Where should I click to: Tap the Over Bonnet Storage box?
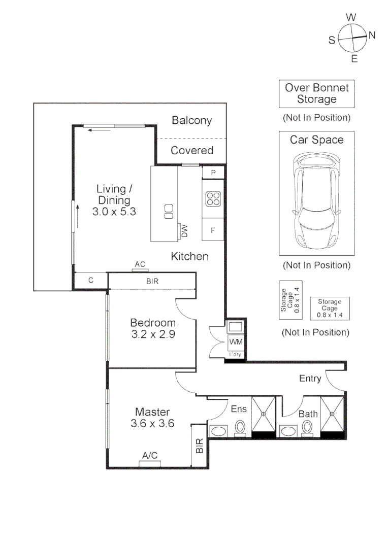[316, 94]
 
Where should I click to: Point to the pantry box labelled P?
[213, 173]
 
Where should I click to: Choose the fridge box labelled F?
[213, 230]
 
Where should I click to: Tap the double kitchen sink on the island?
[168, 212]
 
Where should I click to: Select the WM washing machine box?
[236, 341]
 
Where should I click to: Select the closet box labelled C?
[90, 280]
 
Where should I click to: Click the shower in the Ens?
[263, 414]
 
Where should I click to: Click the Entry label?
[310, 379]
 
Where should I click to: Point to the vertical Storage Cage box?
[290, 300]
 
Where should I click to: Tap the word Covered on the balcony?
[192, 150]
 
